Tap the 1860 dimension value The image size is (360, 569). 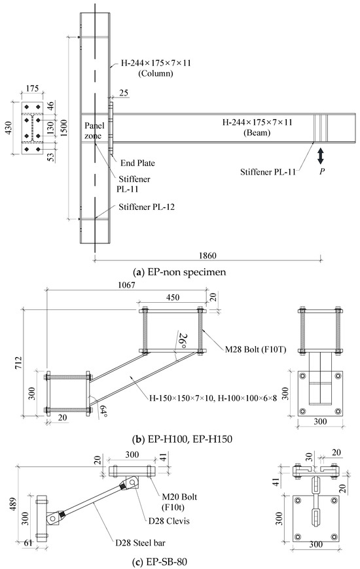(207, 256)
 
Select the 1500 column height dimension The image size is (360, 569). (64, 128)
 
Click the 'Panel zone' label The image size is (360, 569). (94, 131)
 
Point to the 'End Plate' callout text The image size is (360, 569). (137, 164)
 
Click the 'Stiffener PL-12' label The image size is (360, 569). (147, 207)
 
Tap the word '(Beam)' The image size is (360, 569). (257, 133)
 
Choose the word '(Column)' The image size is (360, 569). (156, 74)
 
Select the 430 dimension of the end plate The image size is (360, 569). (8, 128)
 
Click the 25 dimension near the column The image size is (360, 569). (124, 93)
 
